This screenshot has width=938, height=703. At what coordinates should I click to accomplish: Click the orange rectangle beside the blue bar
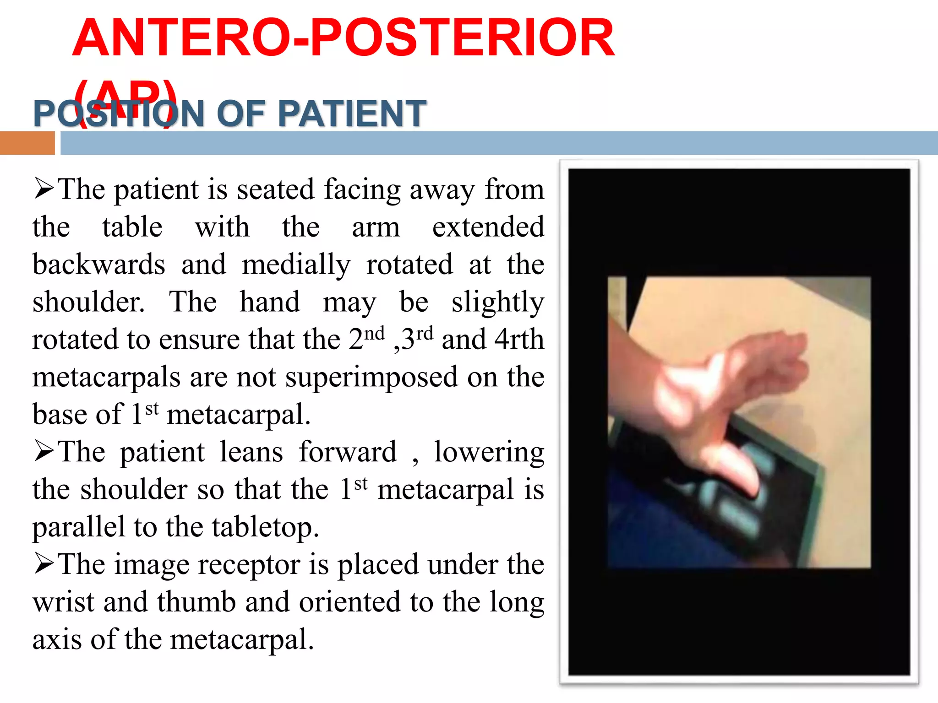27,143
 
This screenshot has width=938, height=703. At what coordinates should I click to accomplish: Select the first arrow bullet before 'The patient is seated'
44,189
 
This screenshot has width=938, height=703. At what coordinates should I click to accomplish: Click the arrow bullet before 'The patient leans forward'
44,452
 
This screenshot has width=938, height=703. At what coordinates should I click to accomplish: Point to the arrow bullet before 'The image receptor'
44,564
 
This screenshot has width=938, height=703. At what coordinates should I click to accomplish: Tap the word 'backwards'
98,265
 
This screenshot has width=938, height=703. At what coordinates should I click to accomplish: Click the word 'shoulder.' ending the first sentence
88,302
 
